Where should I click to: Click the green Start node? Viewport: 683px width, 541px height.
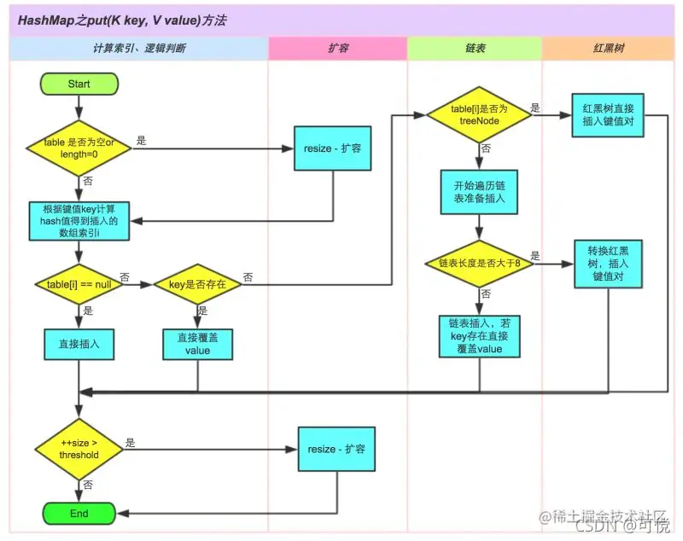click(79, 84)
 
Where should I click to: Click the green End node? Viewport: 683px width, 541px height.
click(79, 514)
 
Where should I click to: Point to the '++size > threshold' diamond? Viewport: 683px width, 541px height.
click(79, 449)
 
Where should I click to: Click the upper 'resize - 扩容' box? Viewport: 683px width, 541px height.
click(332, 148)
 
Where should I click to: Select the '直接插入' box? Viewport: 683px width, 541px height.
click(79, 345)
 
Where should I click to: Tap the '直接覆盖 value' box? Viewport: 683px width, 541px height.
click(198, 345)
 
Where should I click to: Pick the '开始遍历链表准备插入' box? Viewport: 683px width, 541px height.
click(479, 192)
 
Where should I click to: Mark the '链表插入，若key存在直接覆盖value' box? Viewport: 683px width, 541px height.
click(479, 335)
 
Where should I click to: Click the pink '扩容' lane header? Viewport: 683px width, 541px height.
click(337, 49)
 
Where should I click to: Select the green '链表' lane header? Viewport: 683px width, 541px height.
click(475, 49)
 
